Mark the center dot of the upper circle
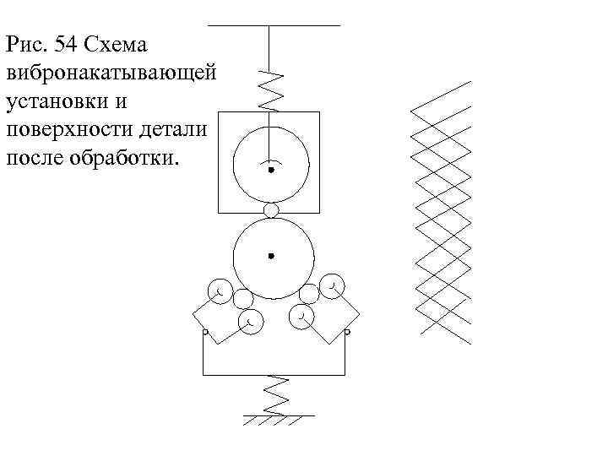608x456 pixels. point(271,170)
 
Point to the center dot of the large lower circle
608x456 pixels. point(271,254)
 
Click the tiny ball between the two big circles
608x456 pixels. point(271,209)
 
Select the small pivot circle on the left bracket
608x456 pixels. point(204,333)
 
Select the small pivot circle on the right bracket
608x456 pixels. point(347,333)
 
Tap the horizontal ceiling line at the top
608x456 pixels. point(274,26)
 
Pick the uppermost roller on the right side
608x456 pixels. point(334,285)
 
